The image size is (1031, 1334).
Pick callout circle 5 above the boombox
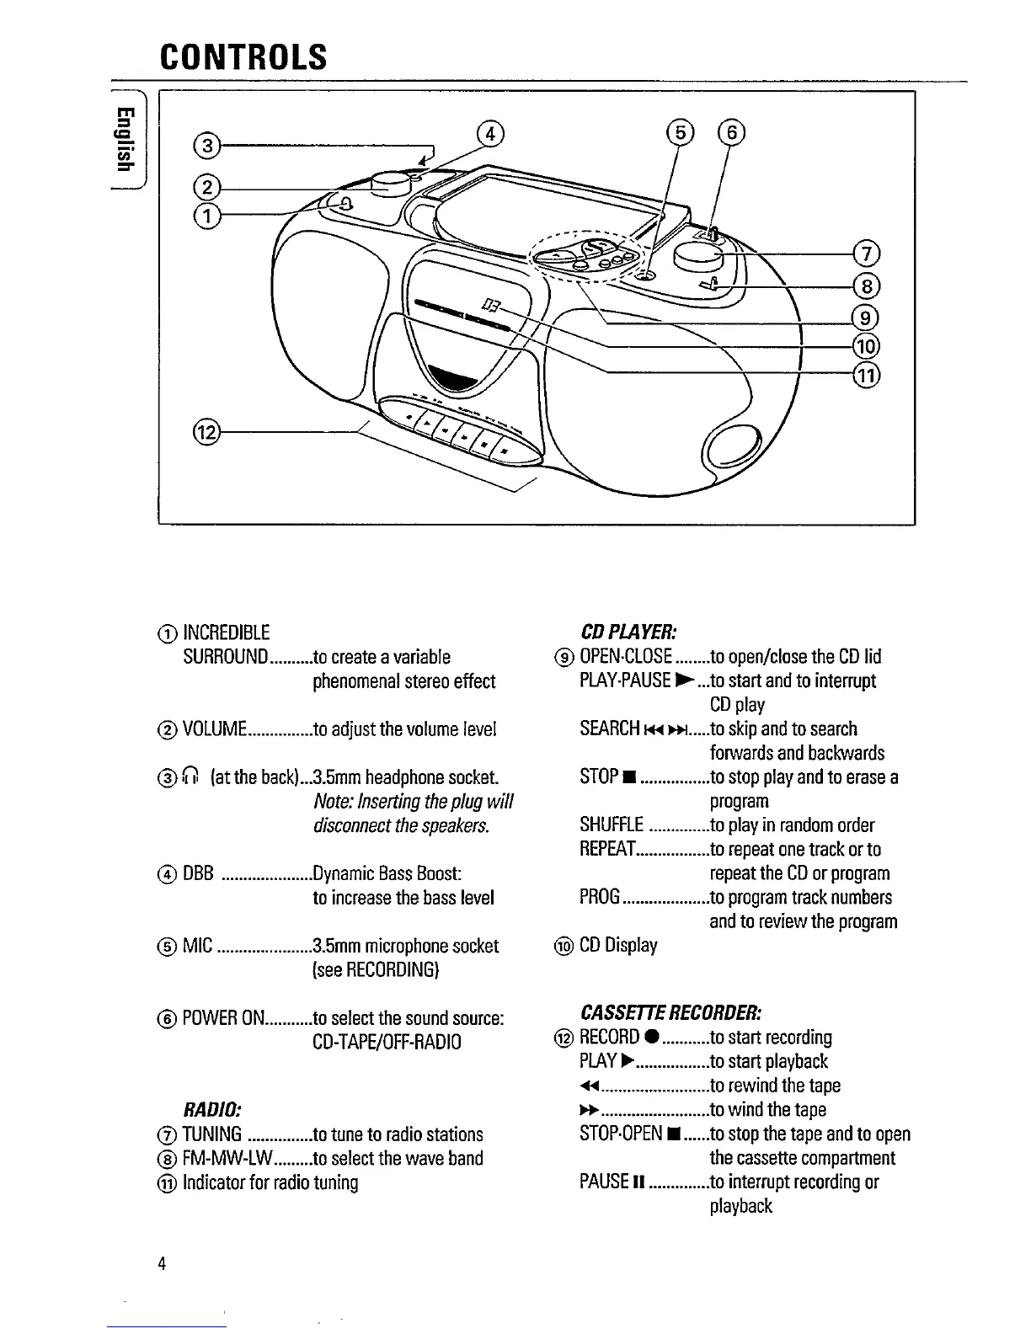coord(678,132)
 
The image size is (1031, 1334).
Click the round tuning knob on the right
coord(699,253)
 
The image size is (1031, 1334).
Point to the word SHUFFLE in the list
coord(612,825)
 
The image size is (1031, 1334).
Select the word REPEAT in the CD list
coord(608,849)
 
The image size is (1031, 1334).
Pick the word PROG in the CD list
coord(600,897)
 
